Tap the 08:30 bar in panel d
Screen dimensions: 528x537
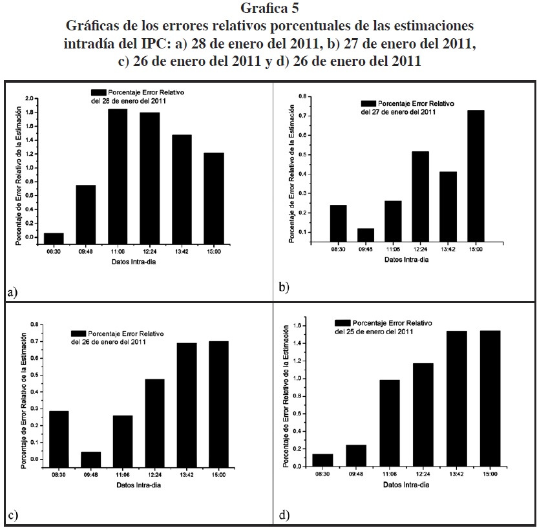(322, 459)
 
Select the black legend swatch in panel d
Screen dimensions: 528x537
(342, 322)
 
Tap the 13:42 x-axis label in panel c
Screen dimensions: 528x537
(187, 474)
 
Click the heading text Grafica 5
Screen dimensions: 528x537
(268, 8)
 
